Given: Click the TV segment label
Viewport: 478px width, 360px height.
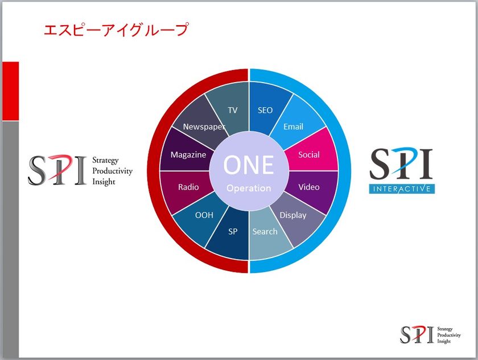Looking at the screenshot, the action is click(232, 110).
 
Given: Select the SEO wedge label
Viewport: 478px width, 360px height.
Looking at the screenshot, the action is click(265, 110).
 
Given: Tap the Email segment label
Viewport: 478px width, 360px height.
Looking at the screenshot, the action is click(293, 126).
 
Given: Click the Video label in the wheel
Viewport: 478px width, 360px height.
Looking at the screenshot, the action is click(309, 187).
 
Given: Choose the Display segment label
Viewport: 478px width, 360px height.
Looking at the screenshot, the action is click(293, 215).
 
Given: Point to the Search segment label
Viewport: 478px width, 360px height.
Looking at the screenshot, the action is click(265, 232).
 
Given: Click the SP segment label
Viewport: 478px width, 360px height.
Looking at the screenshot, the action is click(233, 232).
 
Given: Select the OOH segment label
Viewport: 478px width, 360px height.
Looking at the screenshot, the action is click(204, 215).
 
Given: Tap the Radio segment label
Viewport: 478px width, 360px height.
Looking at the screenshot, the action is click(188, 187).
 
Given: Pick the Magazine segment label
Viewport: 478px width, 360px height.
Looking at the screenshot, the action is click(188, 155).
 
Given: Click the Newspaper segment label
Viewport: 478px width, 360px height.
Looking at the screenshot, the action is click(204, 127).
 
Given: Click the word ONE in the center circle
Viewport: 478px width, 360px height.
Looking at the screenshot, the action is click(249, 165).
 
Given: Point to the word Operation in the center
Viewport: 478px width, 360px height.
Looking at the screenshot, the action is click(249, 189).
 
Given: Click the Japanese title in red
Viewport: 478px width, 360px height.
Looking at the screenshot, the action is click(116, 30).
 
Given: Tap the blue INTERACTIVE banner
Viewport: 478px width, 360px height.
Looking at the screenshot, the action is click(402, 189).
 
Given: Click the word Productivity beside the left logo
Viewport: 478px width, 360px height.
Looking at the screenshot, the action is click(113, 171).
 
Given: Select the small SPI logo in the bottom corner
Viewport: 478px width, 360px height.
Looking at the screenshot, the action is click(430, 335).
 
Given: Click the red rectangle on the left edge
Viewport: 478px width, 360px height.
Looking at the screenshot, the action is click(11, 91).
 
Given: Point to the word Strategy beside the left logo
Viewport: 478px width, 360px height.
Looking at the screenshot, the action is click(105, 161).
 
